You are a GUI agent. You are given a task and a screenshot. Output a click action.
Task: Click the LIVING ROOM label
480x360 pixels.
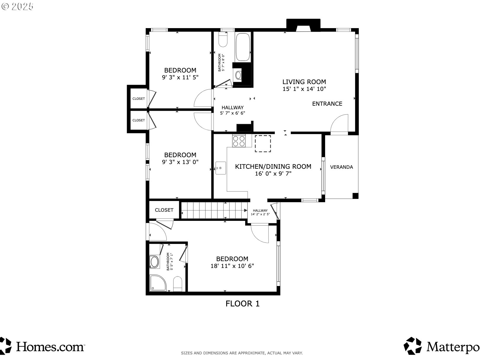pyautogui.click(x=304, y=82)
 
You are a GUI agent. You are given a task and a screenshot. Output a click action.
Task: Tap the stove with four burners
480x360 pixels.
pyautogui.click(x=239, y=141)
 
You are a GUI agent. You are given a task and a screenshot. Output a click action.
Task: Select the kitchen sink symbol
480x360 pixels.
pyautogui.click(x=220, y=168)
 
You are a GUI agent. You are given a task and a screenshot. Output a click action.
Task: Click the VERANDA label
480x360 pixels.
pyautogui.click(x=341, y=167)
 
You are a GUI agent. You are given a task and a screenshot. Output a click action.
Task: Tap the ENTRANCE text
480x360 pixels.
pyautogui.click(x=327, y=104)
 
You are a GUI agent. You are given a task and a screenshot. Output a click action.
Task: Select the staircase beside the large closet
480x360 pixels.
pyautogui.click(x=214, y=210)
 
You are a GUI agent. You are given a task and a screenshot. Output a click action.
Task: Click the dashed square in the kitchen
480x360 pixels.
pyautogui.click(x=263, y=144)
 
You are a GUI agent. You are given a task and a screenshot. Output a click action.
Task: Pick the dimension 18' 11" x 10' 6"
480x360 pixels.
pyautogui.click(x=232, y=266)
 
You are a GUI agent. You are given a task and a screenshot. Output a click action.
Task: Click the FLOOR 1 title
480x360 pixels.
pyautogui.click(x=243, y=303)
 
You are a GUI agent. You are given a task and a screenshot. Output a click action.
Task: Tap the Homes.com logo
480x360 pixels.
pyautogui.click(x=43, y=346)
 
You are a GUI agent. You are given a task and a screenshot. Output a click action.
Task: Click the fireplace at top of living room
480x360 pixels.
pyautogui.click(x=303, y=25)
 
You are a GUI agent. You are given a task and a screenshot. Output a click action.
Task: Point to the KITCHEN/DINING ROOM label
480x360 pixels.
pyautogui.click(x=273, y=166)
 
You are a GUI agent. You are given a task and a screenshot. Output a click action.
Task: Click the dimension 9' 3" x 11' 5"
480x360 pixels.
pyautogui.click(x=180, y=77)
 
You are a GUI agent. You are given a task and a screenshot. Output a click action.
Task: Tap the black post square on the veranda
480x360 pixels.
pyautogui.click(x=355, y=196)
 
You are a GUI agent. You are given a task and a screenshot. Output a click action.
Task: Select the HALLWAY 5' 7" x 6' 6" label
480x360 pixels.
pyautogui.click(x=233, y=110)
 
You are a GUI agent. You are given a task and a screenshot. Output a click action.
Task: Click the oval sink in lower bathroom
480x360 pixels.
pyautogui.click(x=155, y=262)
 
